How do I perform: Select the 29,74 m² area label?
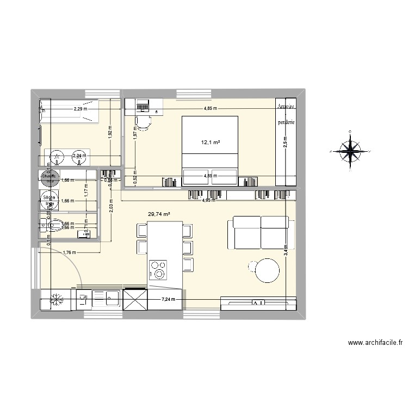[x=159, y=214]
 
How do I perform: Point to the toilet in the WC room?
[x=45, y=224]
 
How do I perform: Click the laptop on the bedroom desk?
[x=143, y=104]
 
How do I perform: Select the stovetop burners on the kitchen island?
[x=159, y=269]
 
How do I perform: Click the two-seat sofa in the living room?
[x=260, y=227]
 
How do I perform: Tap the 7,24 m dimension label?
[x=170, y=299]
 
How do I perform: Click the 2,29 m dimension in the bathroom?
[x=81, y=109]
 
